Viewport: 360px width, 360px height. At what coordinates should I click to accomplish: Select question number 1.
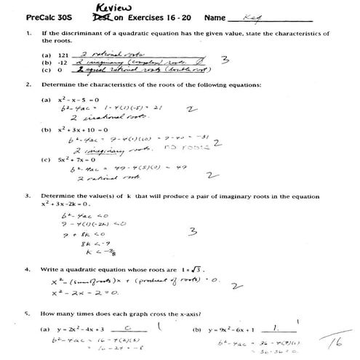coord(27,33)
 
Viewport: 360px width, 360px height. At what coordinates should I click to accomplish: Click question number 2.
coord(27,84)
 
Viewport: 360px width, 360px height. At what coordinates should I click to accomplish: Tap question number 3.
coord(27,196)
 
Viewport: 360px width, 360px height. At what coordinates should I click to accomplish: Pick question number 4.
coord(27,269)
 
